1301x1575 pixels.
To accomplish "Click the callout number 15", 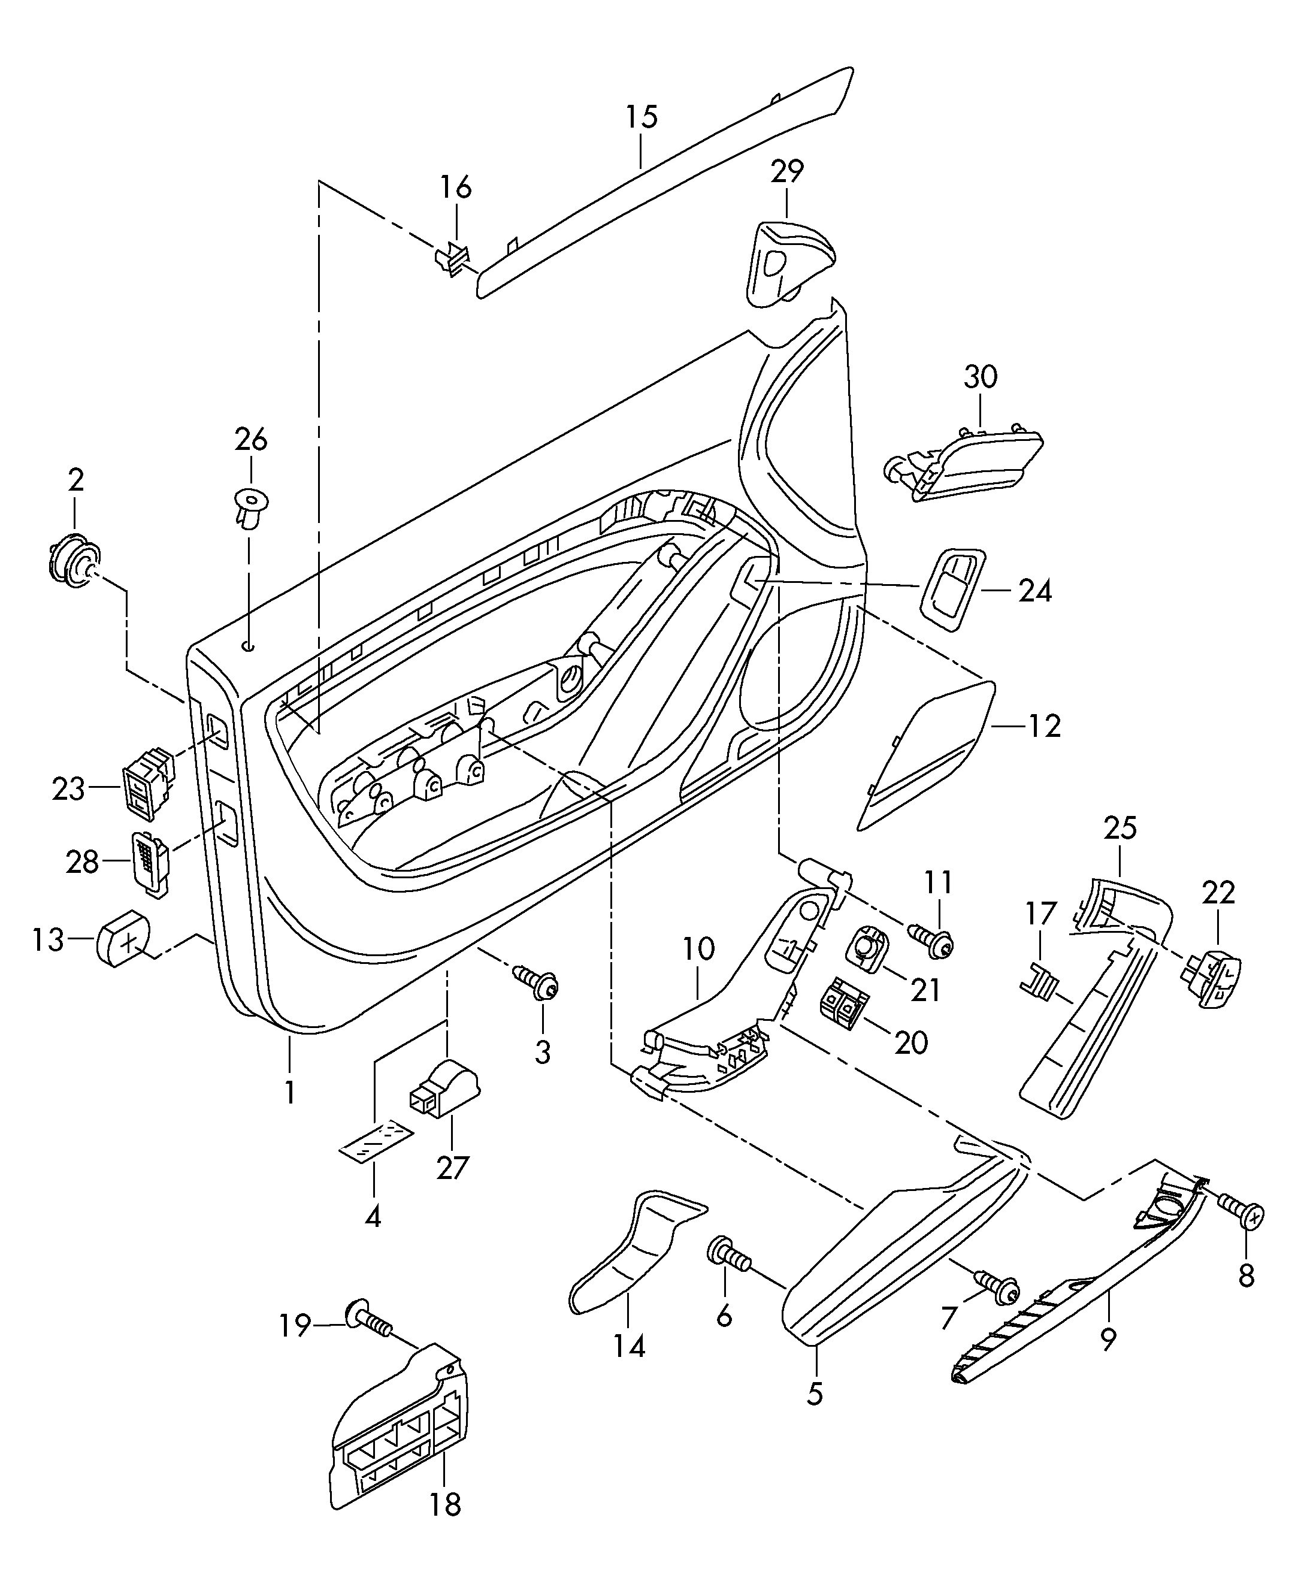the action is coord(642,117).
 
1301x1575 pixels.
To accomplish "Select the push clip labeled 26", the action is coord(250,507).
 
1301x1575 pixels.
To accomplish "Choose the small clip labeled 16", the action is coord(453,257).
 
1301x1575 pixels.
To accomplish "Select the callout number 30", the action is coord(981,376).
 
